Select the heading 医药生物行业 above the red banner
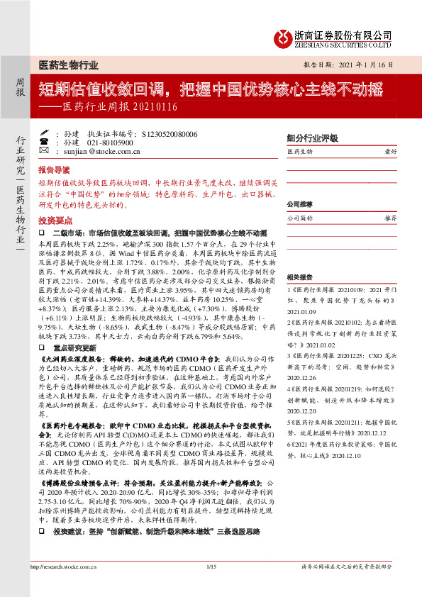pyautogui.click(x=67, y=65)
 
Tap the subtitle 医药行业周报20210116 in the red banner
pyautogui.click(x=113, y=107)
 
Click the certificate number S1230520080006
pyautogui.click(x=170, y=133)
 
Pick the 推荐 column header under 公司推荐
pyautogui.click(x=390, y=218)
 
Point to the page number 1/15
pyautogui.click(x=211, y=586)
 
